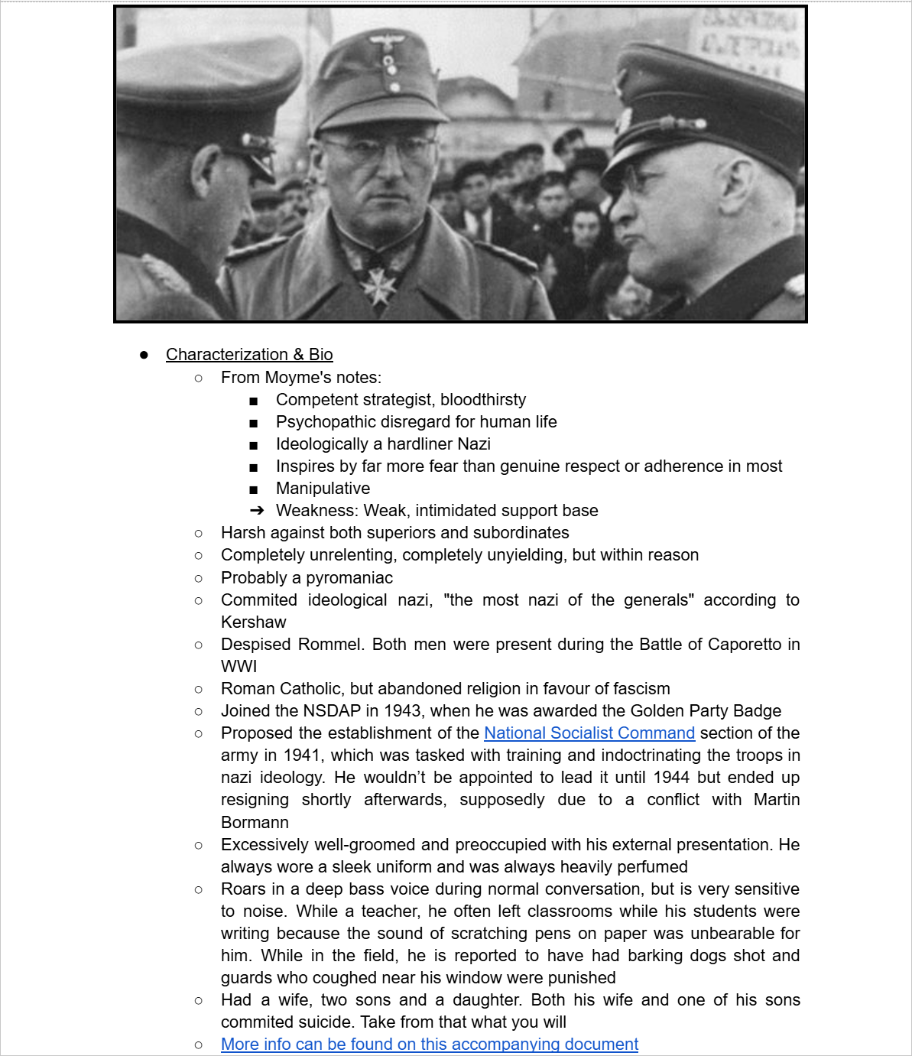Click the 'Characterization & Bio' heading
tap(249, 355)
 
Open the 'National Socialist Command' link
tap(589, 733)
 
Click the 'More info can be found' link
tap(429, 1045)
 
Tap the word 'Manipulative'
tap(323, 489)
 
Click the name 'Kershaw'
tap(253, 622)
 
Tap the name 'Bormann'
tap(255, 823)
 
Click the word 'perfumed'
tap(651, 867)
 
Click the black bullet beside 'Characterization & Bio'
tap(144, 355)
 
